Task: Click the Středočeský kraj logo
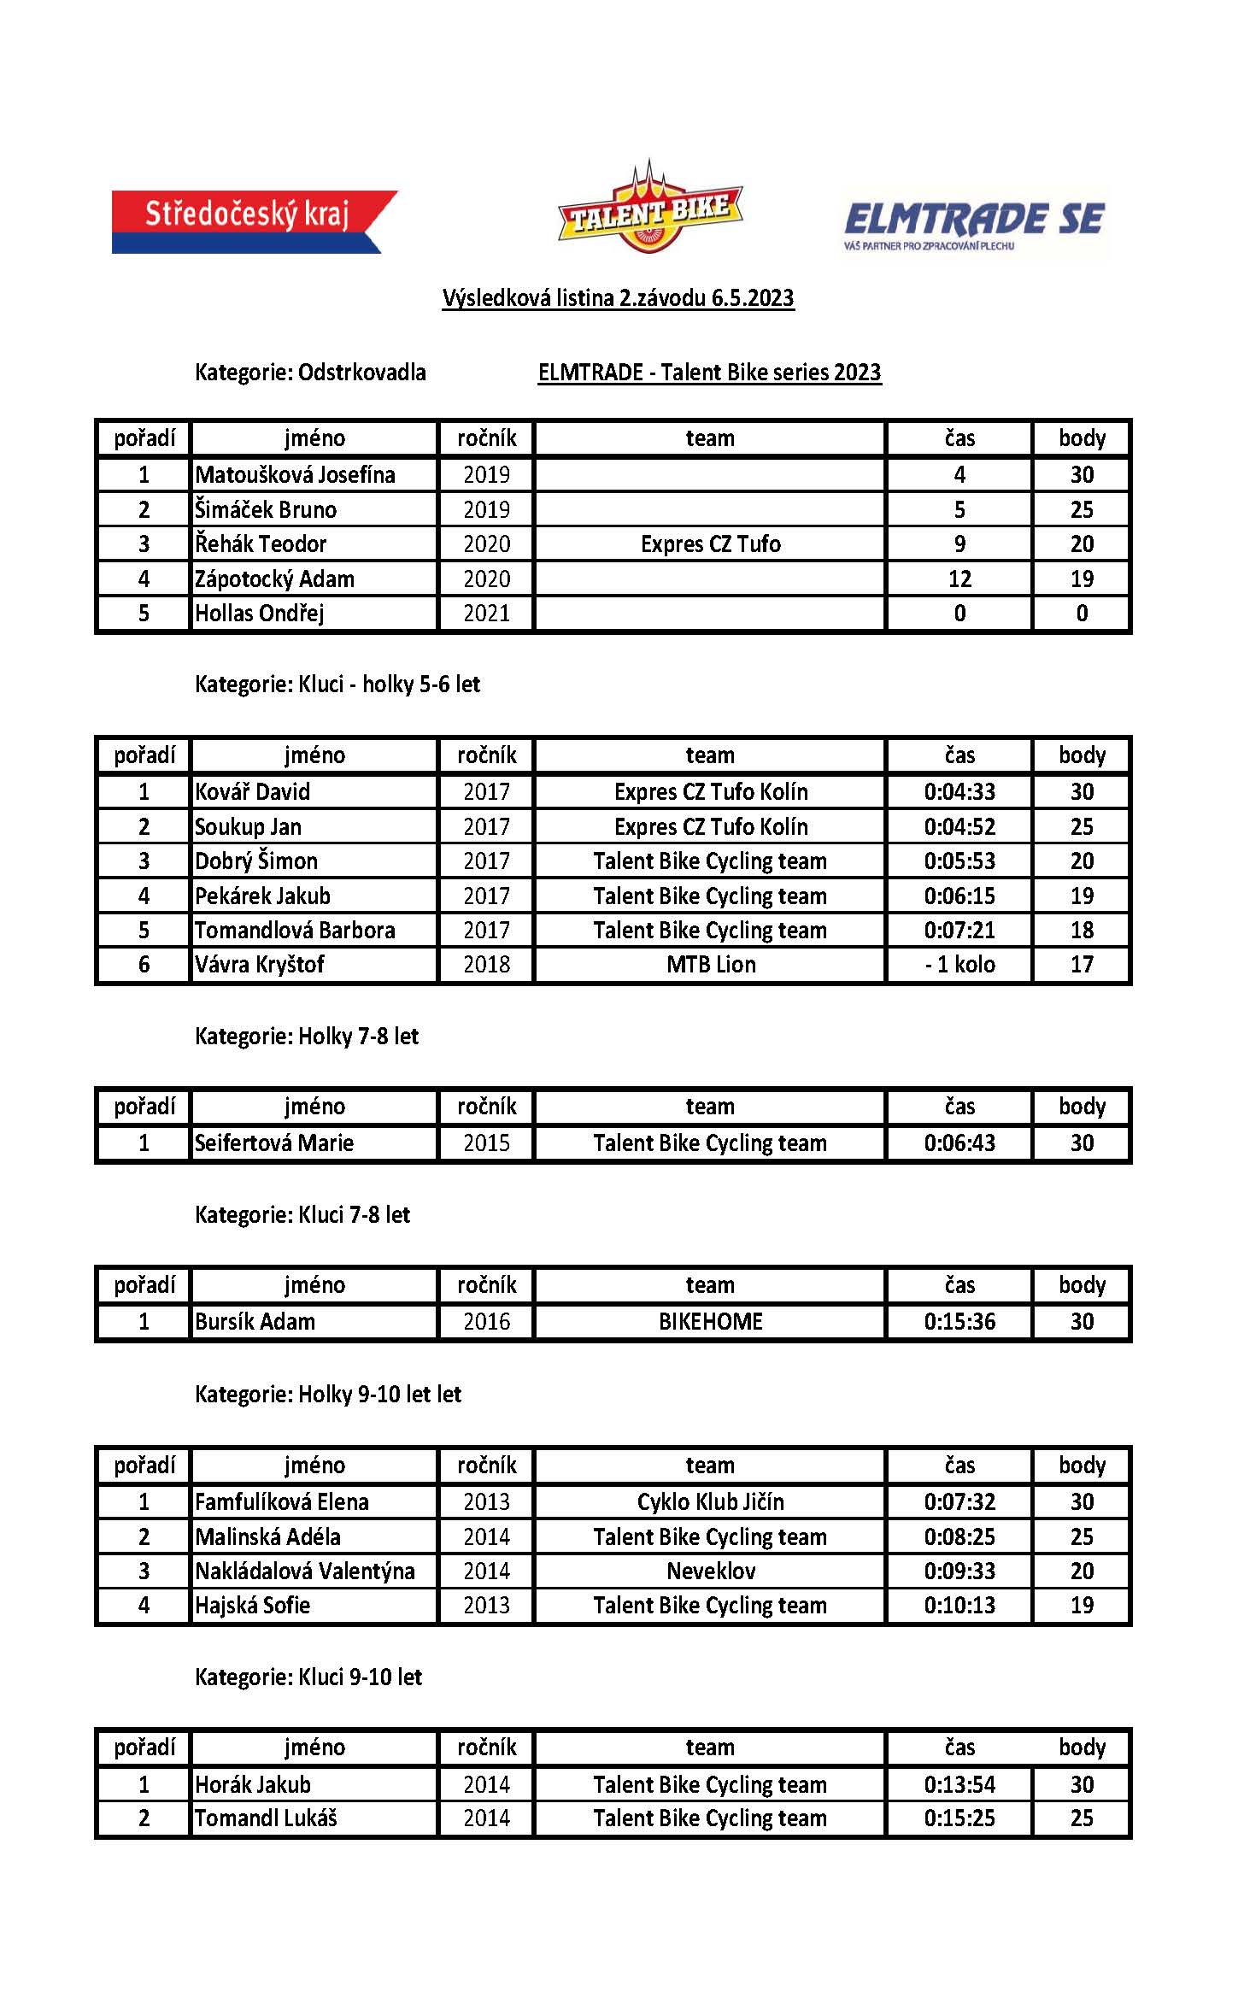(x=254, y=221)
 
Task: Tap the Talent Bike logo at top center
(x=649, y=209)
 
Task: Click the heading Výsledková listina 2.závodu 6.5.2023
(x=618, y=298)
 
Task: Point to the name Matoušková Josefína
(x=295, y=475)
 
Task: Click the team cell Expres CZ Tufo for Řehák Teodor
(x=710, y=544)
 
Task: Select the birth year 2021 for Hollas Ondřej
(x=486, y=614)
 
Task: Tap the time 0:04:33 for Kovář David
(x=959, y=792)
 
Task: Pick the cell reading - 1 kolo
(x=959, y=965)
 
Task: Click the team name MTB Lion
(x=710, y=965)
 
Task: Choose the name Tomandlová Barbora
(x=295, y=931)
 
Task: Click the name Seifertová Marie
(x=273, y=1143)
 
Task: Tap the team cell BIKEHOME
(x=710, y=1322)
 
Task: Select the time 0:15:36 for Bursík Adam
(x=959, y=1322)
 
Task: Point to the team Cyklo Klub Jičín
(x=710, y=1502)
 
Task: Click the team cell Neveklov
(x=710, y=1571)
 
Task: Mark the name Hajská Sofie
(x=252, y=1605)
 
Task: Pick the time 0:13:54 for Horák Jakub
(x=959, y=1785)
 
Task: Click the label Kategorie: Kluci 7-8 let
(x=302, y=1215)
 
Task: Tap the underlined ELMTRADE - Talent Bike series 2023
(x=709, y=373)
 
